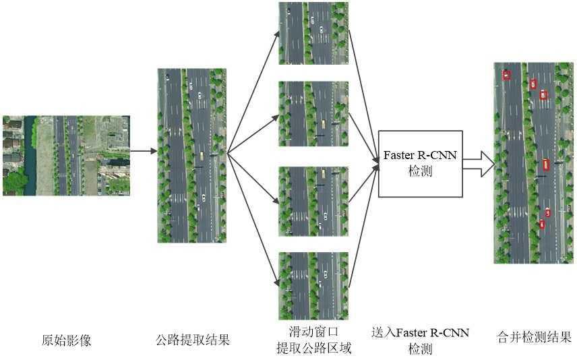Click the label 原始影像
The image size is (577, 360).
(66, 340)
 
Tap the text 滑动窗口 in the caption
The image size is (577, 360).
(313, 332)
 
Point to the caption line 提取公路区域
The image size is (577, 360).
(313, 348)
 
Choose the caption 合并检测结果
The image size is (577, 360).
(534, 337)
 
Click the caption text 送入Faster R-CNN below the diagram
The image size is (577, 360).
(420, 332)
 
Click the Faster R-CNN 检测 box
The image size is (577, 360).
(420, 163)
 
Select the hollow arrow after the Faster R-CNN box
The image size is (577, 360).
(478, 164)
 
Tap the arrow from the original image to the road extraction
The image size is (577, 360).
(143, 152)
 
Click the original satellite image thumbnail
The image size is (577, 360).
(66, 155)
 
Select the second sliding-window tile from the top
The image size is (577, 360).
(313, 113)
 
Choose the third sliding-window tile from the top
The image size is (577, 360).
(313, 200)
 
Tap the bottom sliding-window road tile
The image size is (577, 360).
(313, 285)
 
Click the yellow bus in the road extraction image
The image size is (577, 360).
(201, 156)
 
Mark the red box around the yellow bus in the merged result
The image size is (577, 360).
(546, 163)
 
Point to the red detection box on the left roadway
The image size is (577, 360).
(506, 75)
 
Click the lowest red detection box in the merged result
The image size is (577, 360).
(541, 224)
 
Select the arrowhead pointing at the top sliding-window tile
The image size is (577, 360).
(276, 33)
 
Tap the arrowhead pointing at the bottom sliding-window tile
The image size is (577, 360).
(276, 284)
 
